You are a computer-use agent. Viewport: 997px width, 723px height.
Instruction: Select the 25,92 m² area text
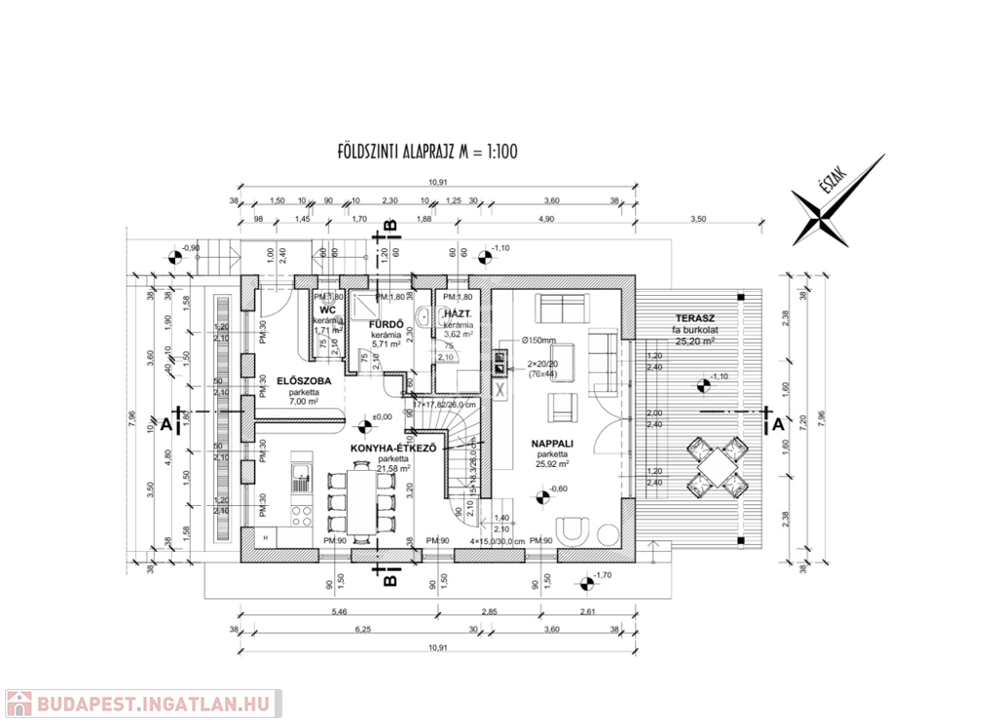[x=550, y=464]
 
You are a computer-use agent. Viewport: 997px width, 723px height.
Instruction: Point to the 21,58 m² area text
[x=393, y=470]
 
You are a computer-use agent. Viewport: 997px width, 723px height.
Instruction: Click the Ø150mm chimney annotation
[x=537, y=341]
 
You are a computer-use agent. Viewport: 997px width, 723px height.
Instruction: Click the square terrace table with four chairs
[x=717, y=464]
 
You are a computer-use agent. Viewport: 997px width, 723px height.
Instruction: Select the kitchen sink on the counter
[x=301, y=478]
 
